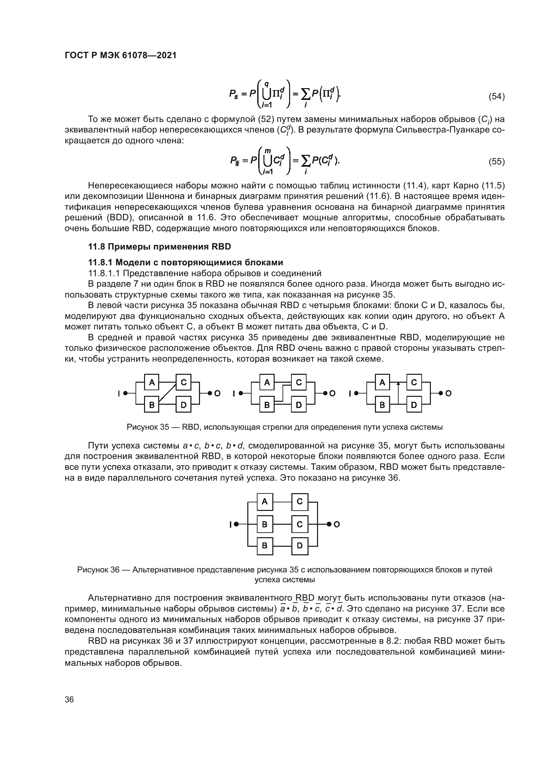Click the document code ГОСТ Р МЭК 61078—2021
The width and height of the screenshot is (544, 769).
(x=121, y=56)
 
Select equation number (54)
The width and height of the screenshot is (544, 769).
(x=496, y=96)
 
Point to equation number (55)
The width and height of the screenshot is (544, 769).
(x=496, y=161)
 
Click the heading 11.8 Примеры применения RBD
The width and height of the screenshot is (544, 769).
(x=160, y=247)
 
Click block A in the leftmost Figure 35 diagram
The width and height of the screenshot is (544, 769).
(x=152, y=382)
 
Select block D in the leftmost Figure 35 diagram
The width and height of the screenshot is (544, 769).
(x=184, y=405)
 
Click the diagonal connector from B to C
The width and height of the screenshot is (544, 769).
(x=167, y=394)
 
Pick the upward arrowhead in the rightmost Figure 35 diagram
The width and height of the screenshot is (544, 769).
(x=398, y=384)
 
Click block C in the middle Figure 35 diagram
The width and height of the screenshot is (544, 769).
(x=299, y=382)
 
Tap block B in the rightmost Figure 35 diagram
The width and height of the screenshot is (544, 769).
(x=382, y=405)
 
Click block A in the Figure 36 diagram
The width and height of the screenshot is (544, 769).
(x=265, y=502)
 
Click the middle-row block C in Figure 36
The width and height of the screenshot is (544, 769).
(x=300, y=524)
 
